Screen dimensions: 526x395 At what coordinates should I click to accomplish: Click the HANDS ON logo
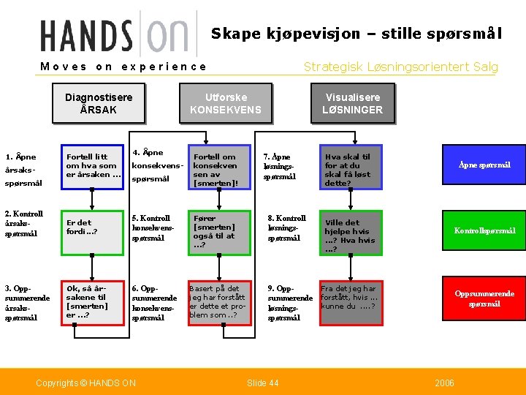tap(117, 35)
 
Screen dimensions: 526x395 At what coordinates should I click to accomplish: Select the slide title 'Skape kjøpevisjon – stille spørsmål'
tap(356, 33)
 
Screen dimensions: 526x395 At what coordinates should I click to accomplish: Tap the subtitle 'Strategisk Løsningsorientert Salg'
tap(400, 67)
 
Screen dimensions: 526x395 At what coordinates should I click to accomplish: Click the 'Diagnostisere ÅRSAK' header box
tap(99, 103)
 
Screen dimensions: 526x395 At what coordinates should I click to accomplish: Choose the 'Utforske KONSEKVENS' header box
tap(225, 103)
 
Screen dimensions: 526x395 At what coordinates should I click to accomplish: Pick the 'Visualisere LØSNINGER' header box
tap(352, 103)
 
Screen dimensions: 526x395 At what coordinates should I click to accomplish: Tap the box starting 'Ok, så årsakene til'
tap(92, 300)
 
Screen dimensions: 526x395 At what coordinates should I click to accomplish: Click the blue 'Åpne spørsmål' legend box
tap(484, 165)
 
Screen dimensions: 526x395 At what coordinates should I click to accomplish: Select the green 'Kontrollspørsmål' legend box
tap(484, 230)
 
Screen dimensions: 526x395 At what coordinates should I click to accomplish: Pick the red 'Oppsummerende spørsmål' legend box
tap(484, 298)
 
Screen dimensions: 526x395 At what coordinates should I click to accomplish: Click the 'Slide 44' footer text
tap(263, 383)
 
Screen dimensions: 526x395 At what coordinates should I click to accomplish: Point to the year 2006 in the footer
tap(444, 383)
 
